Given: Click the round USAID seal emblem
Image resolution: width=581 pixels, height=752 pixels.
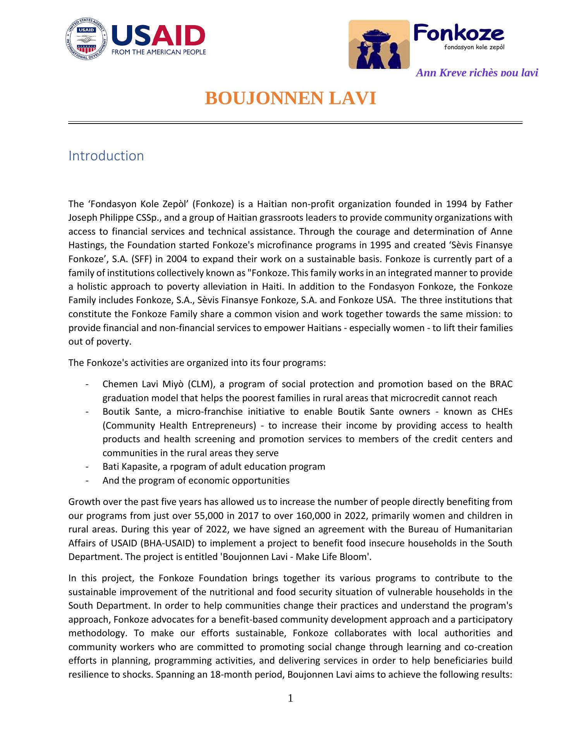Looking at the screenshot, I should coord(86,39).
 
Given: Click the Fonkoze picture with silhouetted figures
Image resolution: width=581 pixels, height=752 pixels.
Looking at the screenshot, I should coord(379,45).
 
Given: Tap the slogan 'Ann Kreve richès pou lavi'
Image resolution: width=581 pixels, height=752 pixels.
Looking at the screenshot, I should coord(476,72).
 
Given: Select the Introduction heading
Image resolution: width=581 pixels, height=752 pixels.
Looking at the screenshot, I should coord(106,156).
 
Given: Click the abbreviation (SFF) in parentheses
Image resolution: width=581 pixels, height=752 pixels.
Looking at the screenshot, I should coord(143,259).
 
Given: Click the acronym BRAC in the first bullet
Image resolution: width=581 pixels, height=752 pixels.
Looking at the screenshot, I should coord(501,384).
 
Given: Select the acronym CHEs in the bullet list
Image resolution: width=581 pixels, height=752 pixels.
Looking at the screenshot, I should coord(502,412).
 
